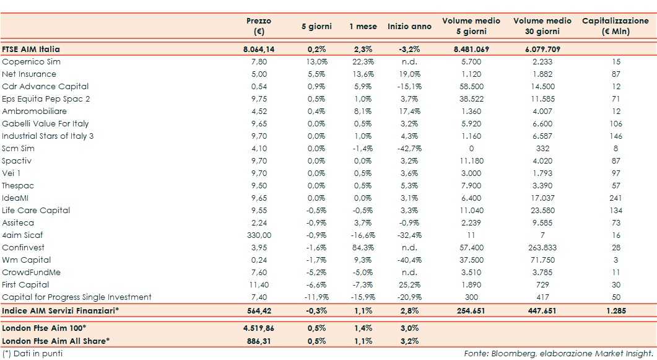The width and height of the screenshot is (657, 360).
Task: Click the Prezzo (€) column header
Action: [x=258, y=27]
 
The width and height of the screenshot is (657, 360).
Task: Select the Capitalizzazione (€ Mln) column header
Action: [x=615, y=27]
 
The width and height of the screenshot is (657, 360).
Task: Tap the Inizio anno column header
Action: [x=409, y=27]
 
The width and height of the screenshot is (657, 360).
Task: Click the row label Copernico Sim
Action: [x=32, y=62]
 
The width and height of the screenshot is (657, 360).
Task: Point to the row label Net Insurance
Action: [x=29, y=74]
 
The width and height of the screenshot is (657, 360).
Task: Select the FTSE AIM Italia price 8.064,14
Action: [x=258, y=49]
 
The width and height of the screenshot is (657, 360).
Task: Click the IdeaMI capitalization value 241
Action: [x=616, y=198]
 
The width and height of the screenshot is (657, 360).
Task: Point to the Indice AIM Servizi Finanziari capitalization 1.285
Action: [x=616, y=310]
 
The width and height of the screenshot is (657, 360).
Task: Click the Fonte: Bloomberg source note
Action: [x=558, y=353]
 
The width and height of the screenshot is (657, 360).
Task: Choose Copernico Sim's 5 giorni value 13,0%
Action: [x=316, y=62]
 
